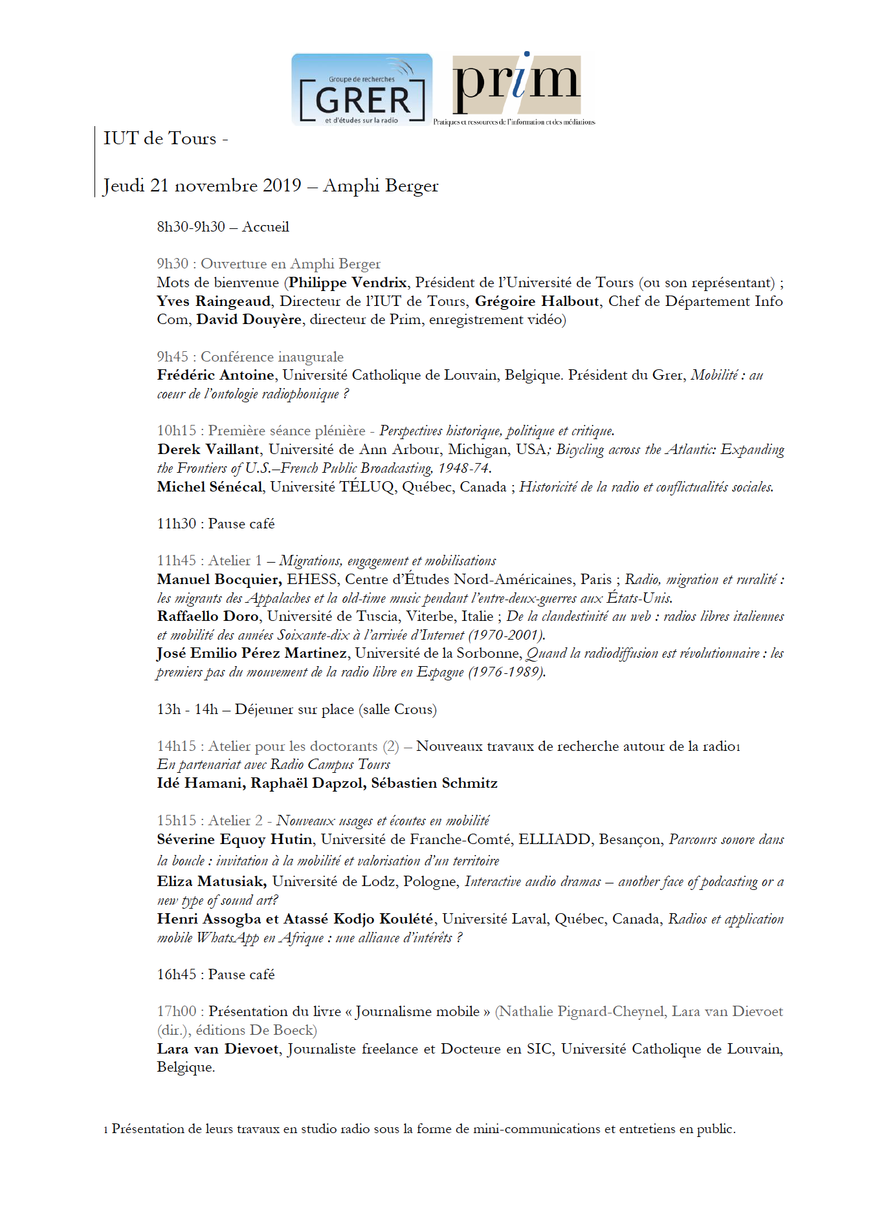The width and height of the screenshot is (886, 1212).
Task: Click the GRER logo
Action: point(362,90)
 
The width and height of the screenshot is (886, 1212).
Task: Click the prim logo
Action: point(516,87)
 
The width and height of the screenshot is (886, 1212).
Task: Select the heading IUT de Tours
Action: point(160,138)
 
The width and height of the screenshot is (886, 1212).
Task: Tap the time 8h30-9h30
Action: point(191,227)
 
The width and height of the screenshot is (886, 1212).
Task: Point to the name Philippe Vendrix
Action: point(348,283)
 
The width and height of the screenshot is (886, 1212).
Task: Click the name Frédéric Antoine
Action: point(216,375)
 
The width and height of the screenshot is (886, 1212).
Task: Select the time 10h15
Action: point(176,431)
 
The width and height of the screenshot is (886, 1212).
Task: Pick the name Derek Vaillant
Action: point(208,449)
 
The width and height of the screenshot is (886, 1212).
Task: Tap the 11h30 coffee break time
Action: point(176,524)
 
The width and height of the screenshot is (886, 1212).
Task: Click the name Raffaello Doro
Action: point(208,616)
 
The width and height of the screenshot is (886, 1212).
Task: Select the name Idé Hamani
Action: point(200,783)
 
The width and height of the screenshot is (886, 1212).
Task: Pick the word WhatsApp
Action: point(227,938)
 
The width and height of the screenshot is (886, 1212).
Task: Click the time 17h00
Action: point(176,1012)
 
